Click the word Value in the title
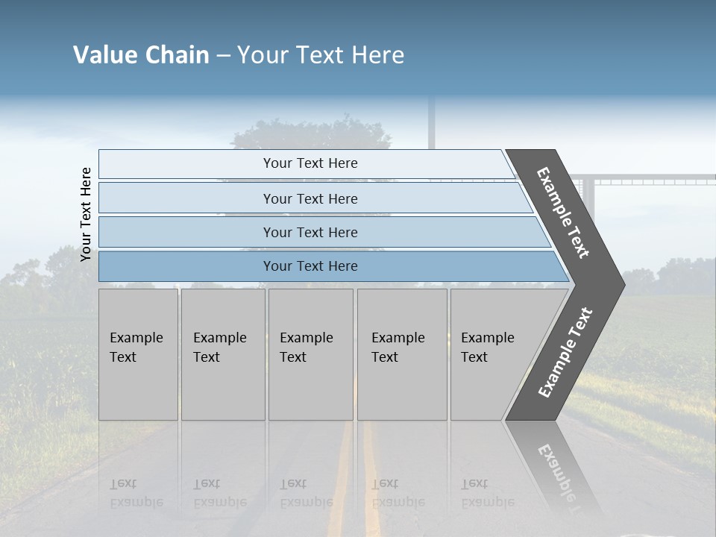[105, 54]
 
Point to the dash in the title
[223, 56]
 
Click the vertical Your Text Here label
[86, 214]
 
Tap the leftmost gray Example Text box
[138, 354]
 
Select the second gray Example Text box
[223, 354]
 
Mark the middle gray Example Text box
[310, 354]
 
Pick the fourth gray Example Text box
[402, 354]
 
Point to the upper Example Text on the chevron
[563, 213]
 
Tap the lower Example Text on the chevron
[565, 353]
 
